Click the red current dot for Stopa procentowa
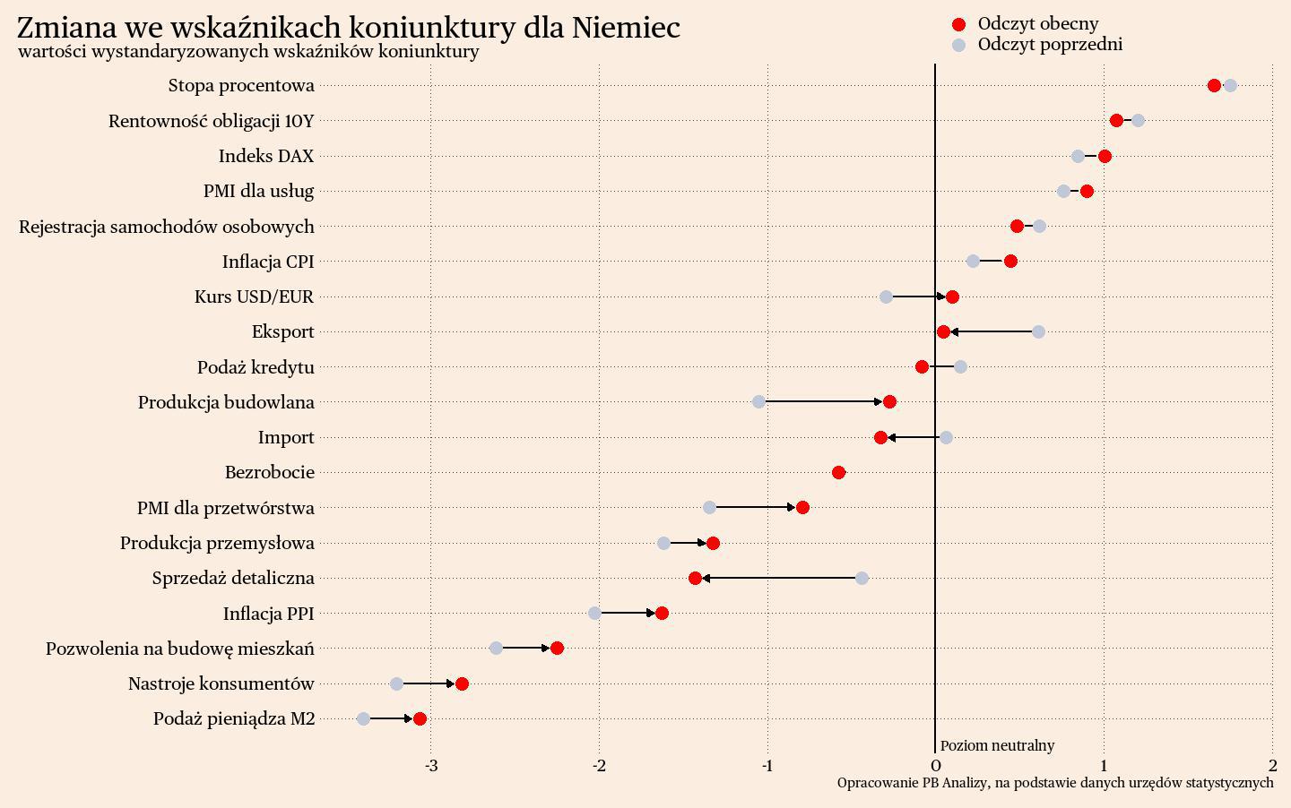click(1214, 85)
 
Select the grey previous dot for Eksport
click(1038, 331)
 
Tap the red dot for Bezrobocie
click(838, 472)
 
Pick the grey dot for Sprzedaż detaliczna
click(862, 578)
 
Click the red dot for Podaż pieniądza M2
click(420, 718)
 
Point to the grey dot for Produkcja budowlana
click(758, 401)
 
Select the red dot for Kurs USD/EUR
click(952, 297)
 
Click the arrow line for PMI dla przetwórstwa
click(753, 507)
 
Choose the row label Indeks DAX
click(266, 156)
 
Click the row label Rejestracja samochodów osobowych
click(167, 227)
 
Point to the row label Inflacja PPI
click(268, 614)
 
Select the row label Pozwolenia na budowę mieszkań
click(180, 649)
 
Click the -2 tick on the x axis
click(599, 766)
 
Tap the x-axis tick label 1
click(1104, 766)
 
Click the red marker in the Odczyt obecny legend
click(958, 24)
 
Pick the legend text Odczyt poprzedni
click(1050, 45)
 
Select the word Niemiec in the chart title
click(626, 27)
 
